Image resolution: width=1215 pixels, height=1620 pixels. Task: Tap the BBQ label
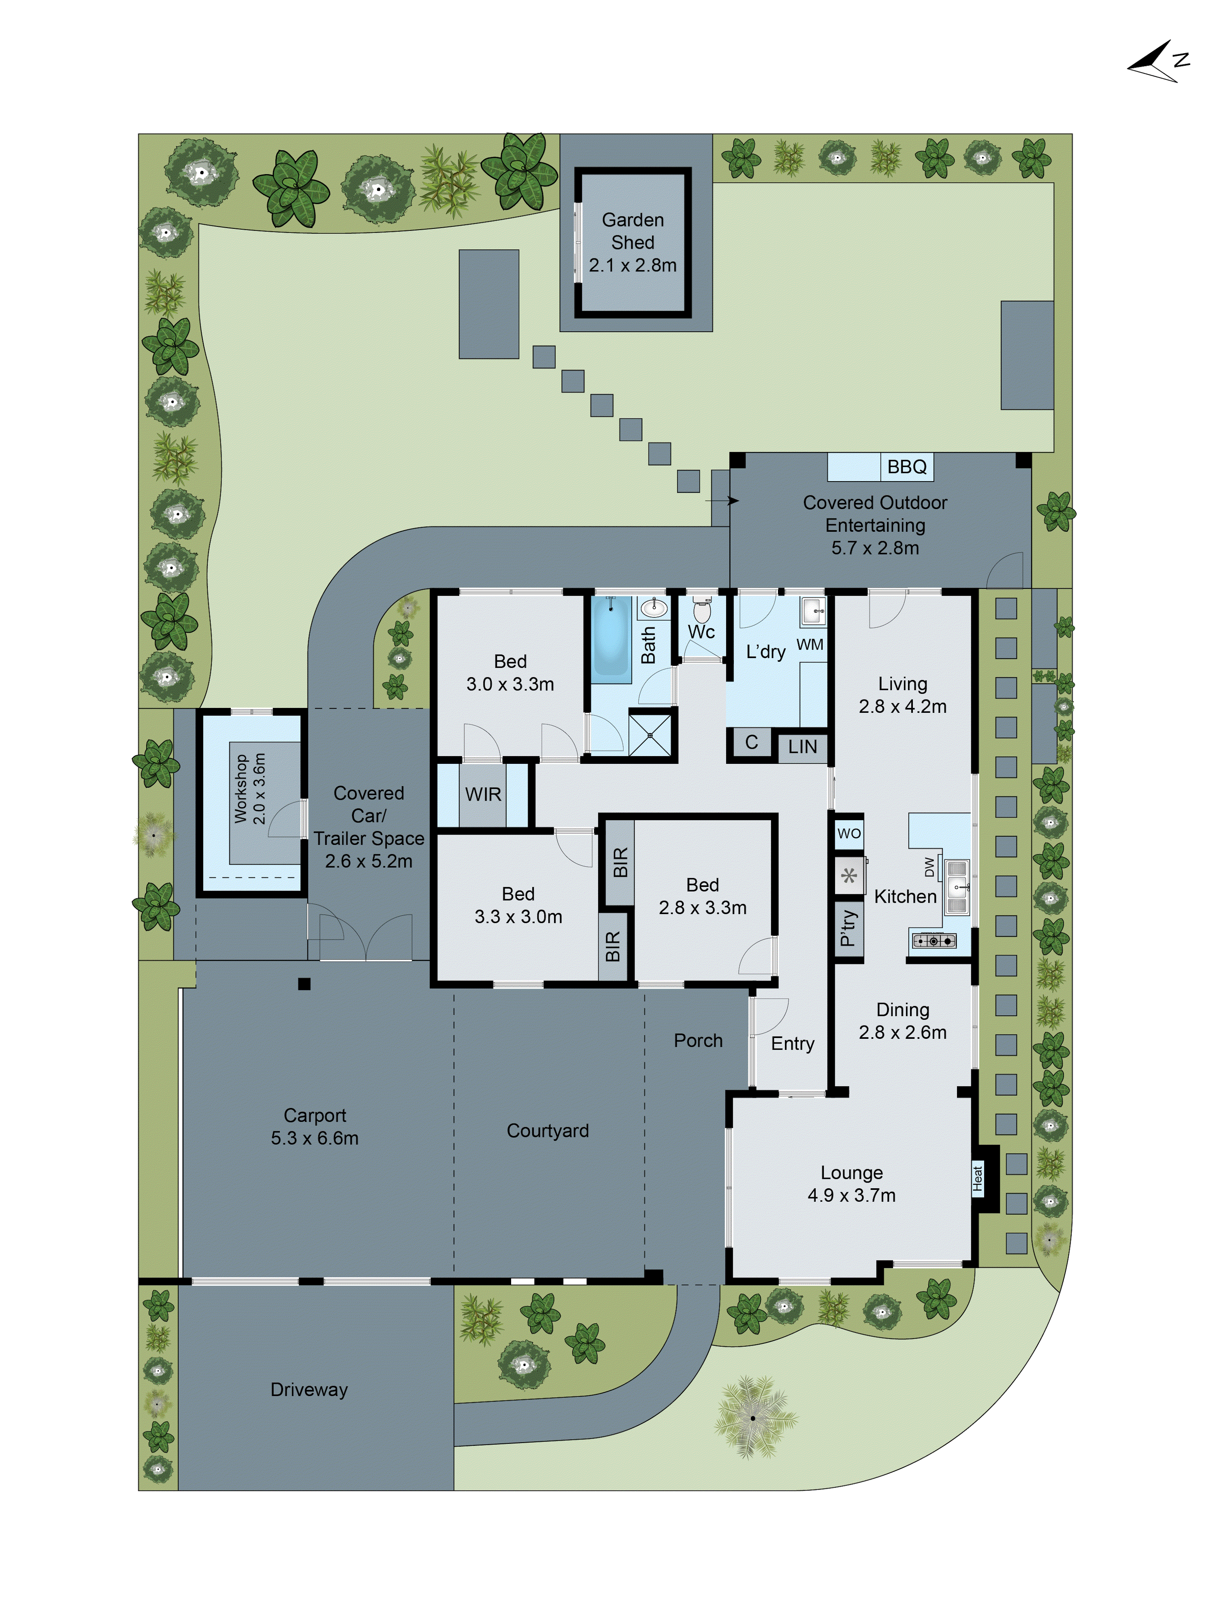tap(907, 467)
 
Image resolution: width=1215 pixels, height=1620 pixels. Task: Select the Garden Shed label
tap(633, 231)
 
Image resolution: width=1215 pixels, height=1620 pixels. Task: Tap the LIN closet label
tap(803, 747)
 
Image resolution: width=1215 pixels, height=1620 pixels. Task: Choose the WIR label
tap(483, 795)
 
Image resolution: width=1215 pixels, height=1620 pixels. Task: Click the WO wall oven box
tap(849, 833)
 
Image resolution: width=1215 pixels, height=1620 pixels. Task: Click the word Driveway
tap(309, 1389)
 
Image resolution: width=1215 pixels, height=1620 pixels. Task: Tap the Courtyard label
tap(548, 1131)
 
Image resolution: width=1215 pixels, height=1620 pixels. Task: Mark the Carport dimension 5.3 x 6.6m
tap(315, 1138)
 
